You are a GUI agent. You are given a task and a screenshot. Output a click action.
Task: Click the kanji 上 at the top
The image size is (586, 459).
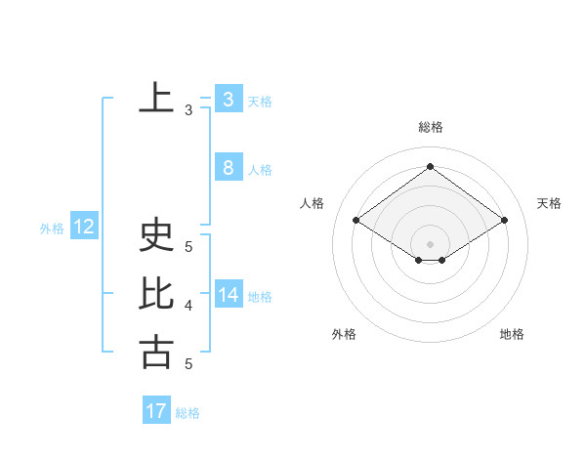click(156, 99)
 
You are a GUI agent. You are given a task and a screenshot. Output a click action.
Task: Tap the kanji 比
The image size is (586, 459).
click(156, 294)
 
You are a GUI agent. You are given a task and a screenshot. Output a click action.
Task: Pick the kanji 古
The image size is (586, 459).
click(156, 352)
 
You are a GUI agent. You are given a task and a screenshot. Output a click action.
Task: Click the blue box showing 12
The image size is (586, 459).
click(84, 228)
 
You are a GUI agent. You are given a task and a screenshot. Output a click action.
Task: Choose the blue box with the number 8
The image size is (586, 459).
click(229, 168)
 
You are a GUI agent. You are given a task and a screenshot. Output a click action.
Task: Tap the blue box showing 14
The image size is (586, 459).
click(229, 295)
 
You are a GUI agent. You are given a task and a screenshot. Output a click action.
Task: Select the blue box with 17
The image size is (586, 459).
click(156, 411)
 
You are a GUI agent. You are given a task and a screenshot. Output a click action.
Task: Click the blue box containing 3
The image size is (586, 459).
click(229, 100)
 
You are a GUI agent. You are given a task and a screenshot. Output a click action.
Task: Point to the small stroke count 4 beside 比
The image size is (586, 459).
click(188, 306)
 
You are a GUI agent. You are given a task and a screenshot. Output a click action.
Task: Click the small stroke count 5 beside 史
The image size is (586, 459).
click(188, 247)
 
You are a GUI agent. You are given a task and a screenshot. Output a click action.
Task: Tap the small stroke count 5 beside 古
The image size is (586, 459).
click(188, 364)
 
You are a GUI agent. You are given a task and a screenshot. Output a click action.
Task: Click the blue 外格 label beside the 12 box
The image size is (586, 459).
click(52, 229)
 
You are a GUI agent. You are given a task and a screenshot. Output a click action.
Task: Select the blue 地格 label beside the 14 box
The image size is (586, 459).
click(260, 297)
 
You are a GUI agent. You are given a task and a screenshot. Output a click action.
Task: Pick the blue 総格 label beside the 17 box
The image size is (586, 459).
click(188, 413)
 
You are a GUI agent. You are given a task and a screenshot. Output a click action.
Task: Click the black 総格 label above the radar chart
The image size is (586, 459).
click(430, 127)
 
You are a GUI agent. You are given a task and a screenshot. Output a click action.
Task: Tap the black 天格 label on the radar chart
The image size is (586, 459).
click(550, 203)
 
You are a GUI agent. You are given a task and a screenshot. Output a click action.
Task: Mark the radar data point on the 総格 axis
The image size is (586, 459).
click(430, 166)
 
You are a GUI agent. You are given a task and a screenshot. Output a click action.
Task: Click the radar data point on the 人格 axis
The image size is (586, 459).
click(356, 221)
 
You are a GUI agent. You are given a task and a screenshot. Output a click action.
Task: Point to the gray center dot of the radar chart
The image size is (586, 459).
click(430, 243)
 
